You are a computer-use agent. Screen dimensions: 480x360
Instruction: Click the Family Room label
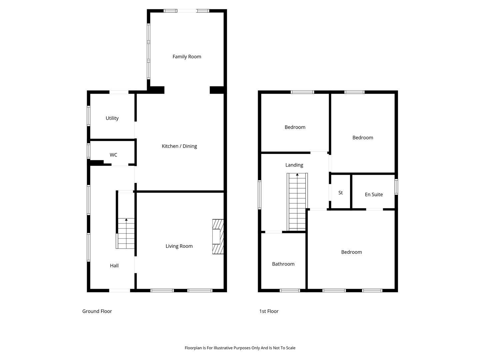[187, 57]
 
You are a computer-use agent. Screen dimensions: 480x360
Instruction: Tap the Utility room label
[112, 118]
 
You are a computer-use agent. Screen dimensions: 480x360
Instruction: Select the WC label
[113, 155]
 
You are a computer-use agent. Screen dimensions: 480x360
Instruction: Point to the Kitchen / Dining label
[179, 146]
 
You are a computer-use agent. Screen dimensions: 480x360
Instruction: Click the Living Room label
[179, 246]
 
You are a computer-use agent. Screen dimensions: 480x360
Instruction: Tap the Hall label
[114, 266]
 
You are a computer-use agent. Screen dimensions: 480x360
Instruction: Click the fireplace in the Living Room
[218, 237]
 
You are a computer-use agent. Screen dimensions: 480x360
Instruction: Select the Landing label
[294, 165]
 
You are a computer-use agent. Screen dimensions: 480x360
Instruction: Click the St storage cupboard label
[340, 193]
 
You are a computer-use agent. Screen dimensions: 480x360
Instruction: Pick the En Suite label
[374, 195]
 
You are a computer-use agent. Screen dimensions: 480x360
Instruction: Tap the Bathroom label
[283, 264]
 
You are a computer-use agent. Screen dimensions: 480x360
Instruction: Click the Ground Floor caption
[97, 311]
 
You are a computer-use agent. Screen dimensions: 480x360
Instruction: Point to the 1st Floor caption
[269, 311]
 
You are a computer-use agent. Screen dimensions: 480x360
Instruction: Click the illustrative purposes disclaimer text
[240, 348]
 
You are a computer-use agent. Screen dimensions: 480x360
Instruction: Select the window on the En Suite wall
[396, 187]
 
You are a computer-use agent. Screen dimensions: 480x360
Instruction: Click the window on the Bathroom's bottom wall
[290, 290]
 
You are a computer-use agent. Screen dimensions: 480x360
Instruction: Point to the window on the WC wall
[89, 151]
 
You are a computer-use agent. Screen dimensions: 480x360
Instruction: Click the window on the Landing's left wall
[260, 195]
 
